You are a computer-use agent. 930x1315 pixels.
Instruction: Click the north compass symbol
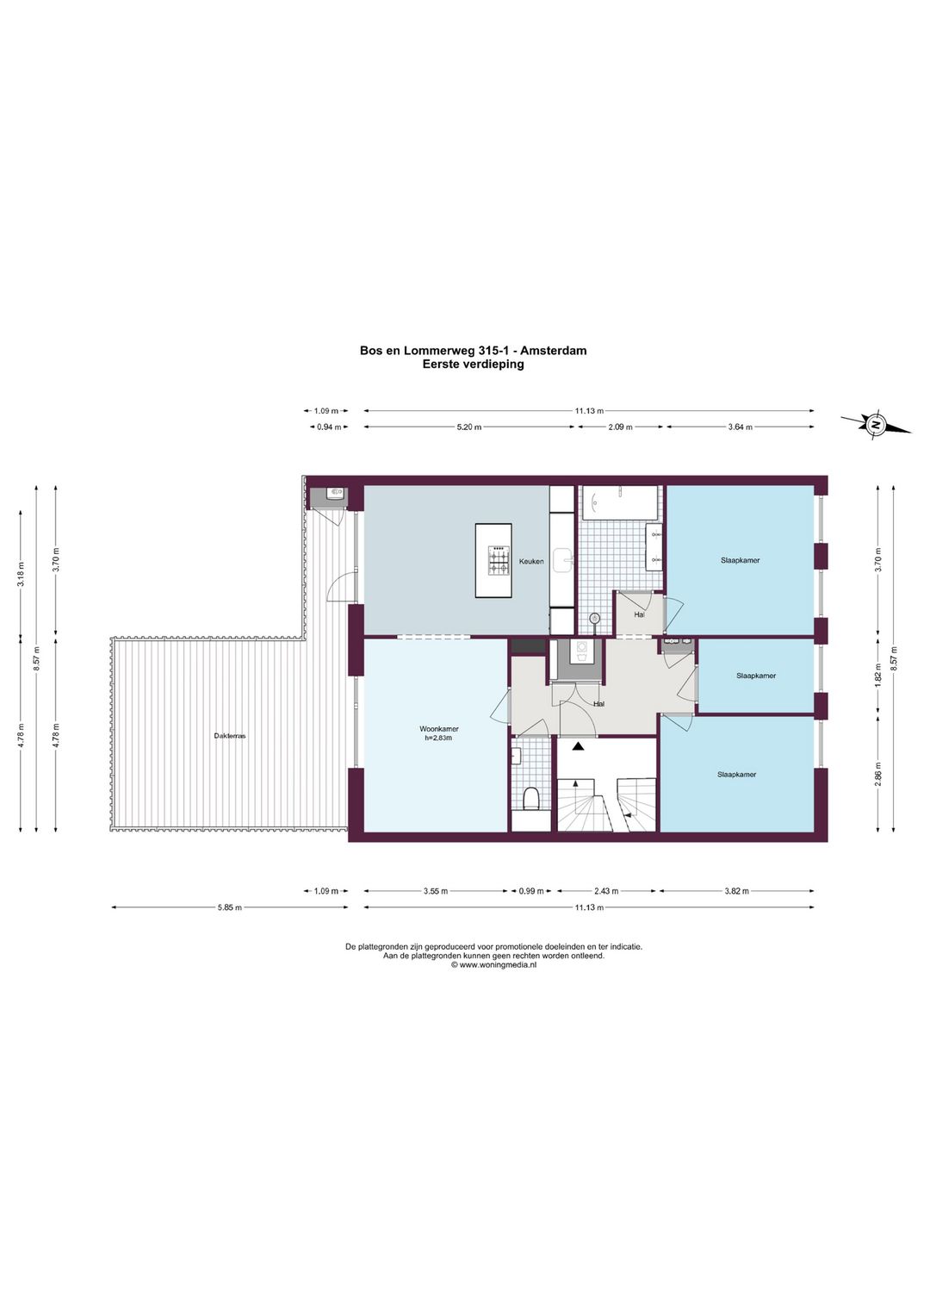[x=876, y=424]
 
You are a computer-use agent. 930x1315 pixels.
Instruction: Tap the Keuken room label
[x=531, y=561]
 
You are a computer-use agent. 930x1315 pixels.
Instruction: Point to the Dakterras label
[x=230, y=736]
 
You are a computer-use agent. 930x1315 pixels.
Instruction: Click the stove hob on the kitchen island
[x=500, y=561]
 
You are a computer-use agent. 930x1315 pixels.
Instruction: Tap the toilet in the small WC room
[x=531, y=800]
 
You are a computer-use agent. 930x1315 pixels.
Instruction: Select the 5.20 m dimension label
[x=468, y=427]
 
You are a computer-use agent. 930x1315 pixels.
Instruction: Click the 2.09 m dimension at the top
[x=620, y=427]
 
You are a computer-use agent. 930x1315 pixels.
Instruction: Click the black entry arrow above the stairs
[x=579, y=747]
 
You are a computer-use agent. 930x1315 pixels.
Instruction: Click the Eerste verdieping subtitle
[x=474, y=364]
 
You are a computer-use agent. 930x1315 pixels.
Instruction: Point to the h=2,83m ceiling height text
[x=438, y=738]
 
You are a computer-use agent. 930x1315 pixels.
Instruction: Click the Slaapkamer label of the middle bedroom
[x=756, y=676]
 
